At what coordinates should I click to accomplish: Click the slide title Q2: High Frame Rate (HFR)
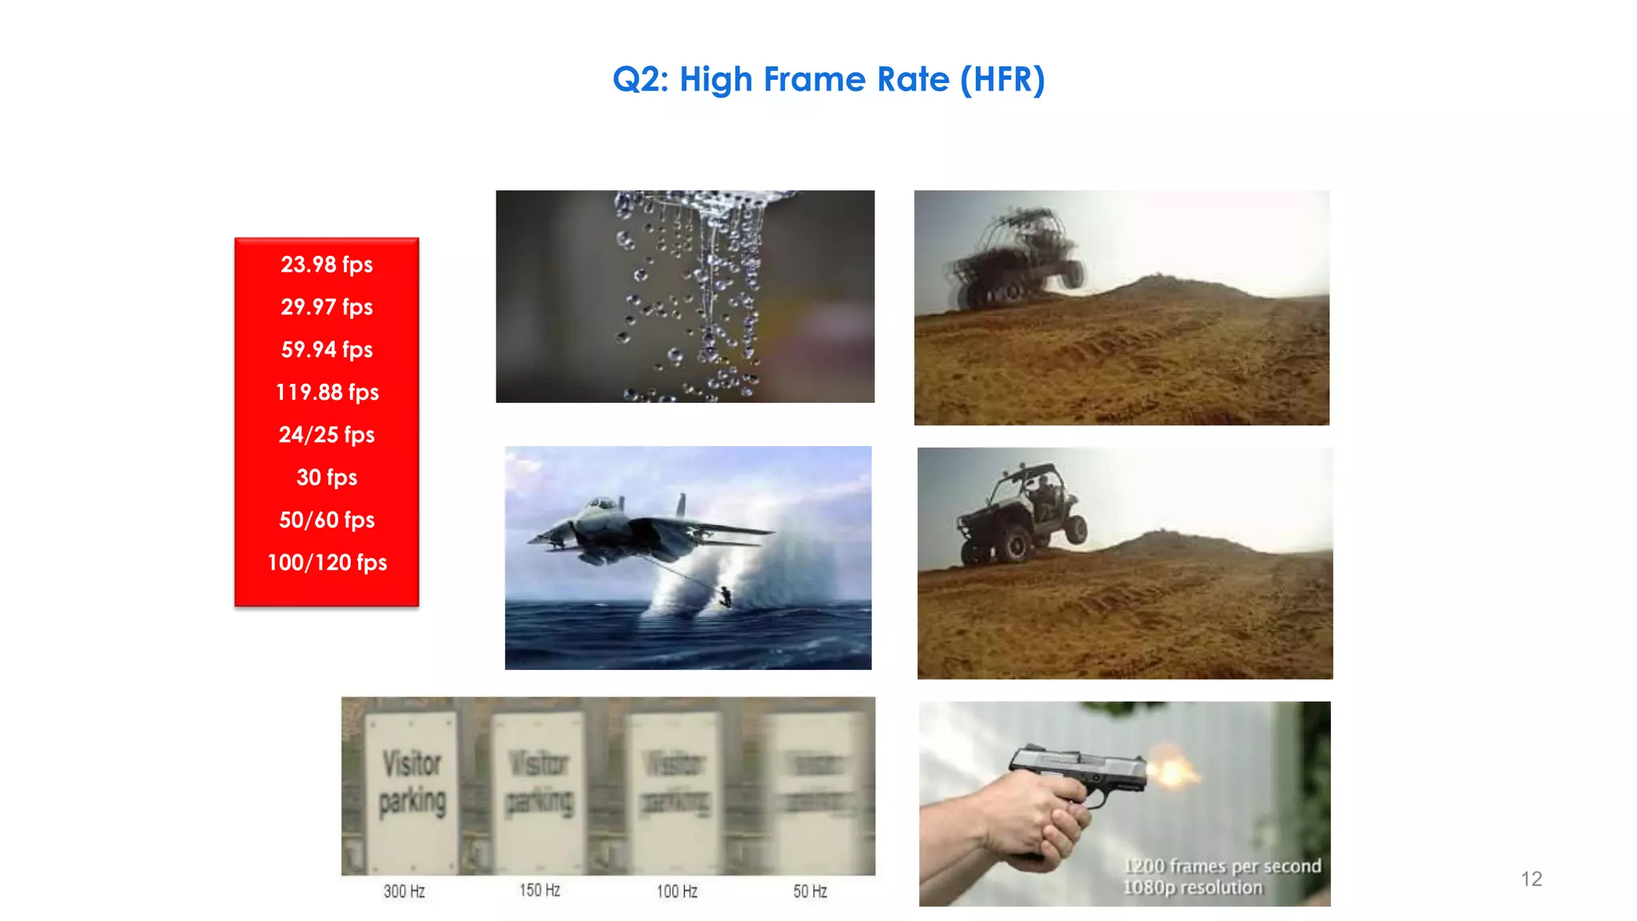pos(828,79)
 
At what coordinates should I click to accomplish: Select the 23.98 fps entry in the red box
pos(326,265)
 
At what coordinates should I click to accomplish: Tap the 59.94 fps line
pos(326,349)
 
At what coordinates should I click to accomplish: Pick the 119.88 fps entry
pos(326,392)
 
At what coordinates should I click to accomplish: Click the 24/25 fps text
pos(326,435)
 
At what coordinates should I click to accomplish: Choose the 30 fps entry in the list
pos(326,477)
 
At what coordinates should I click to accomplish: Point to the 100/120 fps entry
pos(326,563)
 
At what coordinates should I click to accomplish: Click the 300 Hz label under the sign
pos(404,891)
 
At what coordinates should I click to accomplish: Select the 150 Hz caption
pos(540,890)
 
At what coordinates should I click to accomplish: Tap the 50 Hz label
pos(810,891)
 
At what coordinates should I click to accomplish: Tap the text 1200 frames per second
pos(1221,866)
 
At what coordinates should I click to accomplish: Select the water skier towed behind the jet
pos(725,596)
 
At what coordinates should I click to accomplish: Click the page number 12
pos(1531,879)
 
